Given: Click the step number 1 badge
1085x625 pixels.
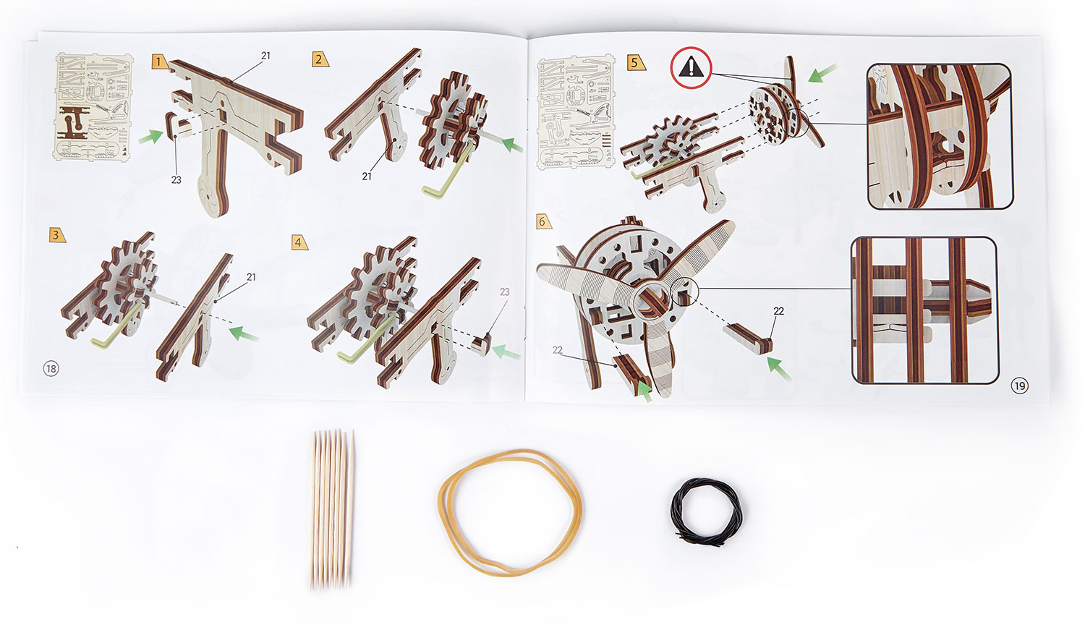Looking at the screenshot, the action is pyautogui.click(x=159, y=61).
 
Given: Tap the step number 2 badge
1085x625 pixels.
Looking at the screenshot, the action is pyautogui.click(x=320, y=59).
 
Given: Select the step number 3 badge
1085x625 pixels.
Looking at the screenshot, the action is pyautogui.click(x=57, y=235).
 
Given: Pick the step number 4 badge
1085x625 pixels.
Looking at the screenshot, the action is pyautogui.click(x=300, y=242).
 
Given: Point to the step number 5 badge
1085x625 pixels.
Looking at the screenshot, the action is pyautogui.click(x=637, y=62).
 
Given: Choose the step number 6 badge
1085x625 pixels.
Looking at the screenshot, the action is pyautogui.click(x=544, y=222).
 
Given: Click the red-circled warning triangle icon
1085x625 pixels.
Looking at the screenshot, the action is pyautogui.click(x=692, y=68).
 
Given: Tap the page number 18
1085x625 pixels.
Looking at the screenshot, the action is pyautogui.click(x=51, y=369).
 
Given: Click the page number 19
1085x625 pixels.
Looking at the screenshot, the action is pyautogui.click(x=1020, y=386).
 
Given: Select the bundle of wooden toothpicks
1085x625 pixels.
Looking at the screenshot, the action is pyautogui.click(x=332, y=510).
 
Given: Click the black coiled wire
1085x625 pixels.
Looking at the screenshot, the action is pyautogui.click(x=706, y=511).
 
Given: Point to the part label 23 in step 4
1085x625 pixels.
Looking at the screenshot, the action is pyautogui.click(x=505, y=292).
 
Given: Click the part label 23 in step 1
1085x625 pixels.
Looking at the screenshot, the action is pyautogui.click(x=176, y=179).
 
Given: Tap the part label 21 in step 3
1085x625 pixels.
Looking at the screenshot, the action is pyautogui.click(x=251, y=277).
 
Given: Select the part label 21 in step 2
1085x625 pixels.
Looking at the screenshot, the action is pyautogui.click(x=367, y=177).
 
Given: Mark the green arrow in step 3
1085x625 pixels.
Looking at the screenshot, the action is pyautogui.click(x=244, y=333).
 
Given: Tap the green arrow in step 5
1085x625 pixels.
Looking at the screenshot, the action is pyautogui.click(x=822, y=74).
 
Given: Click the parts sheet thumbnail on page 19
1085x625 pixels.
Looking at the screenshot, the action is pyautogui.click(x=576, y=112).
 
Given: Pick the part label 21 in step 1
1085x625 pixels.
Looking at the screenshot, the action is pyautogui.click(x=265, y=56).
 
